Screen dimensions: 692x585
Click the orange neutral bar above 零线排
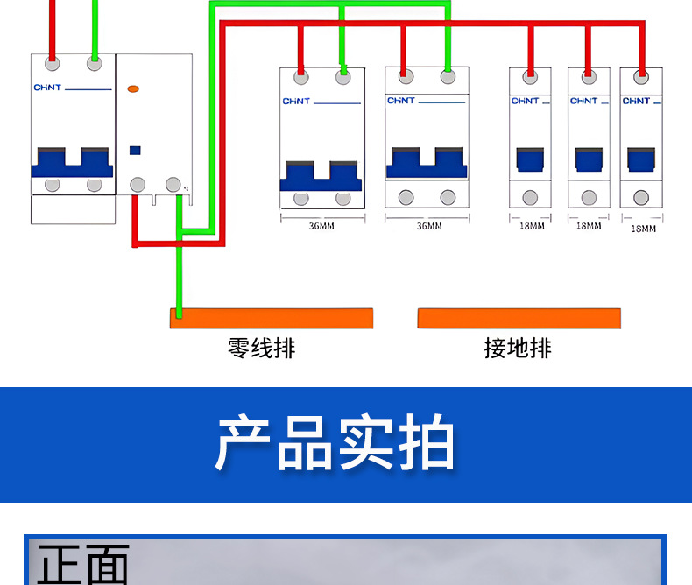pyautogui.click(x=272, y=318)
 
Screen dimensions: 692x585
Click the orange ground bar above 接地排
pyautogui.click(x=519, y=318)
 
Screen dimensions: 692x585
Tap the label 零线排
pyautogui.click(x=262, y=348)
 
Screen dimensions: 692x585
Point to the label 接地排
pyautogui.click(x=518, y=348)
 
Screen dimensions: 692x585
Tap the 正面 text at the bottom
pyautogui.click(x=83, y=565)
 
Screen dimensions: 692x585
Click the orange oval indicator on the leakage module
pyautogui.click(x=133, y=88)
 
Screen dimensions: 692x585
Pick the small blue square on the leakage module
pyautogui.click(x=135, y=150)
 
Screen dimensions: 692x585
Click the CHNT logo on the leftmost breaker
pyautogui.click(x=47, y=88)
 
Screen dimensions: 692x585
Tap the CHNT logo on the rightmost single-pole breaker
pyautogui.click(x=636, y=101)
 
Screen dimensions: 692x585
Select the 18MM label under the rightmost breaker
pyautogui.click(x=643, y=229)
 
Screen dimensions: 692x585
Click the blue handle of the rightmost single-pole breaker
pyautogui.click(x=641, y=159)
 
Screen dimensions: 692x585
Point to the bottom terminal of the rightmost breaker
pyautogui.click(x=641, y=197)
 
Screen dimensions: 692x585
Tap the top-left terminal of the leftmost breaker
pyautogui.click(x=53, y=63)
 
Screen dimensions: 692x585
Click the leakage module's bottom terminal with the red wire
pyautogui.click(x=137, y=185)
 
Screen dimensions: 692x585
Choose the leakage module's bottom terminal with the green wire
pyautogui.click(x=173, y=185)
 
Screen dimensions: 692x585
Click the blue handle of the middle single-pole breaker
pyautogui.click(x=589, y=159)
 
